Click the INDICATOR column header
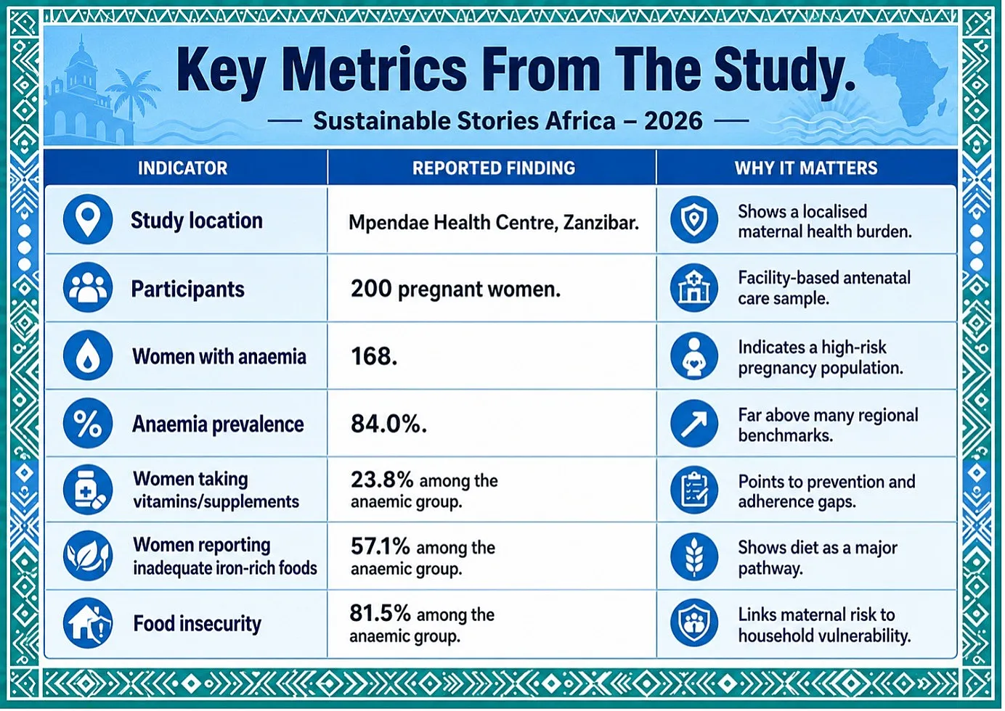pos(182,168)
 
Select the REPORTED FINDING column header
pos(494,168)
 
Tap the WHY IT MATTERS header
pos(806,168)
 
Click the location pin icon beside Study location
pos(88,219)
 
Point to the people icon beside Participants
pos(88,287)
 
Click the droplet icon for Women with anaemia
pos(88,355)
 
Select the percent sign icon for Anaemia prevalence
pos(88,423)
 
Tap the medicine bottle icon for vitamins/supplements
pos(88,490)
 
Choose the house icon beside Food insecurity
pos(88,623)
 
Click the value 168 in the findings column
pos(374,357)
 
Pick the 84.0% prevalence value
pos(388,424)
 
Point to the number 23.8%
pos(382,480)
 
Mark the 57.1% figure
pos(380,546)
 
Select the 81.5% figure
pos(380,613)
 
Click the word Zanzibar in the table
pos(601,223)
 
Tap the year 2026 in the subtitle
pos(673,121)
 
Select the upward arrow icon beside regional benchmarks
pos(693,424)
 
